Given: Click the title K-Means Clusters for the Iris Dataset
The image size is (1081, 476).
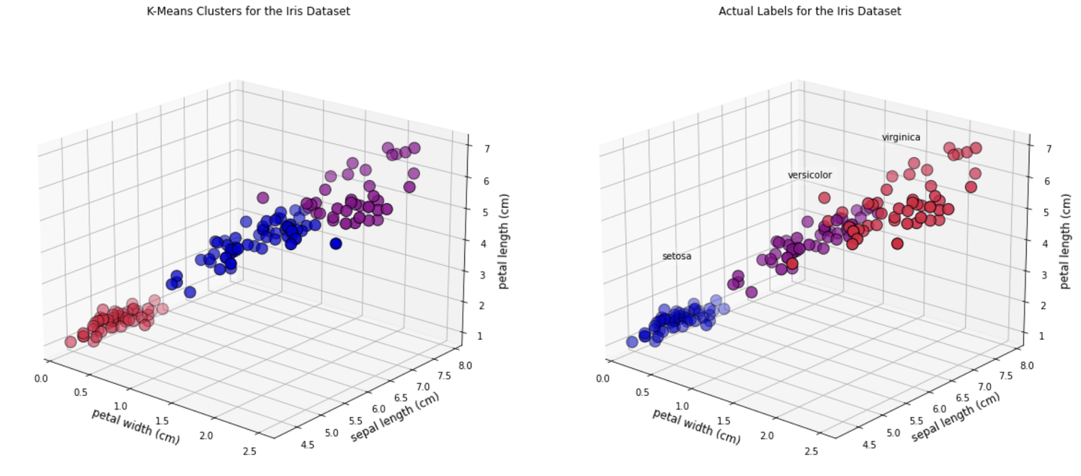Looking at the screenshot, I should pyautogui.click(x=248, y=11).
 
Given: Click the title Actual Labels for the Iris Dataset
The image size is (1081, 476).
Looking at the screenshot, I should pyautogui.click(x=809, y=11).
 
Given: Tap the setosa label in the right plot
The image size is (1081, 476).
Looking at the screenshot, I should pyautogui.click(x=677, y=256).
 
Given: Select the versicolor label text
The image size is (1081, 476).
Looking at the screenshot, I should pyautogui.click(x=809, y=175).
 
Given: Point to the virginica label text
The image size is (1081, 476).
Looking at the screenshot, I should pyautogui.click(x=901, y=138).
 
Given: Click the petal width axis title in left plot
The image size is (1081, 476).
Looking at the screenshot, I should pyautogui.click(x=135, y=426).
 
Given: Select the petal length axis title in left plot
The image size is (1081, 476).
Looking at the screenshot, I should pyautogui.click(x=504, y=241).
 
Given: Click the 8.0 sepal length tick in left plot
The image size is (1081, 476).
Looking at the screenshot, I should pyautogui.click(x=465, y=365).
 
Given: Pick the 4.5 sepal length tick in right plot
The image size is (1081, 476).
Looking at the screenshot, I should pyautogui.click(x=869, y=445).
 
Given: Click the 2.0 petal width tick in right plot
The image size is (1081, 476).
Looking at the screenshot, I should pyautogui.click(x=767, y=436).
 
